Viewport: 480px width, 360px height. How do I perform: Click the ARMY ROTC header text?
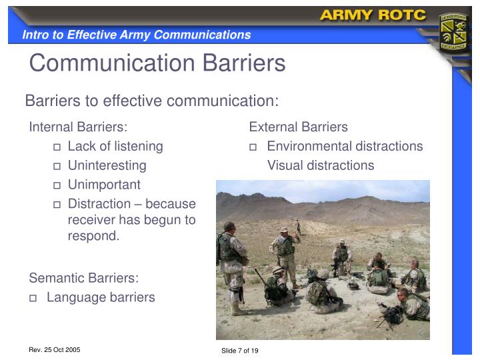tap(373, 15)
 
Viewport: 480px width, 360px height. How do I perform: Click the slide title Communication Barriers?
tap(157, 63)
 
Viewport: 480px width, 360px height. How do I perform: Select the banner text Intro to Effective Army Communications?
tap(137, 35)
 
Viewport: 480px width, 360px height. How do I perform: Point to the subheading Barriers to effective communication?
tap(151, 101)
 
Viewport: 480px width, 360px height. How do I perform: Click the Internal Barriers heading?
tap(78, 127)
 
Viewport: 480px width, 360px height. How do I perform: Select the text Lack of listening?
tap(115, 146)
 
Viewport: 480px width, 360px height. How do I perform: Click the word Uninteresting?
tap(107, 165)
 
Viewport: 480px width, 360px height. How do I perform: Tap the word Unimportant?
tap(104, 185)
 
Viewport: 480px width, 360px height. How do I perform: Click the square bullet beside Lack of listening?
tap(57, 147)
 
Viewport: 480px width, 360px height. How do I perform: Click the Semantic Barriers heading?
tap(83, 278)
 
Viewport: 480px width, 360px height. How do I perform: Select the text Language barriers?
tap(101, 297)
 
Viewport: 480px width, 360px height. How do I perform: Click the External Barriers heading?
tap(299, 127)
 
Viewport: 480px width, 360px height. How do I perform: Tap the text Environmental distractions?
tap(345, 146)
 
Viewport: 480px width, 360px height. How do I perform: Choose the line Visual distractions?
tap(321, 165)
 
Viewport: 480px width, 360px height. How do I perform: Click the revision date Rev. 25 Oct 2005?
tap(54, 349)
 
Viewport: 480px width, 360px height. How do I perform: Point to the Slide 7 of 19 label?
tap(239, 351)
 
